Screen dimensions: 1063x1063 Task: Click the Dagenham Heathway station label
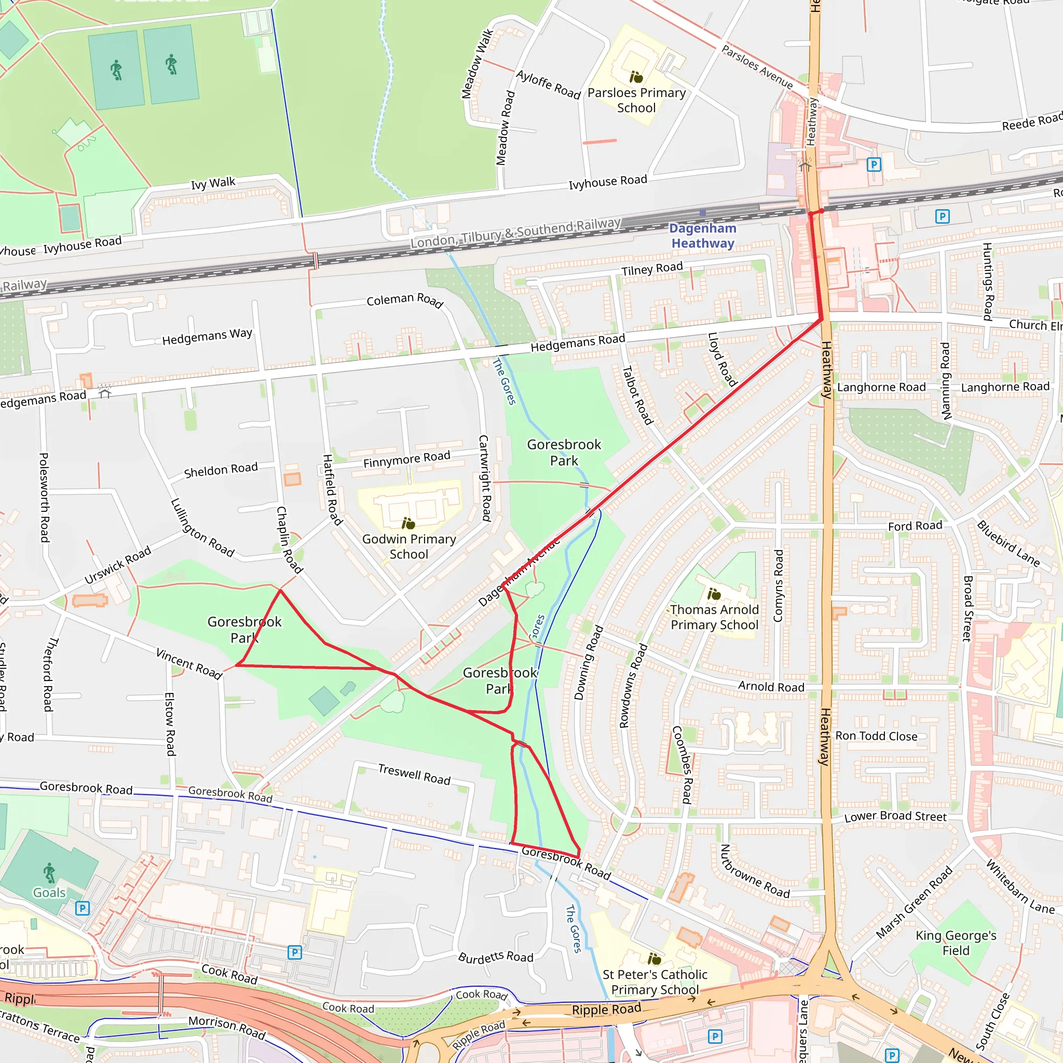703,236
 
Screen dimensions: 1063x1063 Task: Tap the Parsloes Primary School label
636,100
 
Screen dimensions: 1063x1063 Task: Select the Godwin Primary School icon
408,523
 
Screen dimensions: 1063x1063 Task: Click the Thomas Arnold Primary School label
714,617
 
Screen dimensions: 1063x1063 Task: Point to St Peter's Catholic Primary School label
655,982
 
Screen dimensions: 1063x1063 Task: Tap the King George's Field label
956,943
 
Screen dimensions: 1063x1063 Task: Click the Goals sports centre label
49,892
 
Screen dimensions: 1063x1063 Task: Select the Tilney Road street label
652,269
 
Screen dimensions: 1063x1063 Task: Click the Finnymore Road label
406,459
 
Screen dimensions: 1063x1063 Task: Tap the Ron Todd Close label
877,736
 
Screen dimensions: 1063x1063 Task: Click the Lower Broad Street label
895,816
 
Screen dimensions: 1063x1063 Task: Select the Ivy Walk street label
213,183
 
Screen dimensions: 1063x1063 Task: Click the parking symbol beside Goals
82,908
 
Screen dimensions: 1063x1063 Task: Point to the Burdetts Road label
496,957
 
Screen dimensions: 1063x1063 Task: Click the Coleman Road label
405,300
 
